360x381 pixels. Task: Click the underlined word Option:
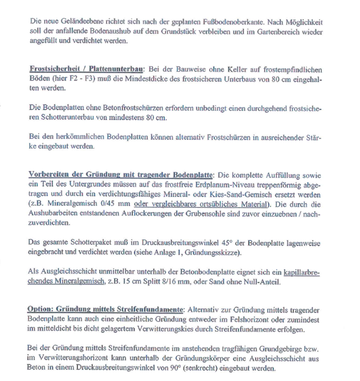tap(41, 310)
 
